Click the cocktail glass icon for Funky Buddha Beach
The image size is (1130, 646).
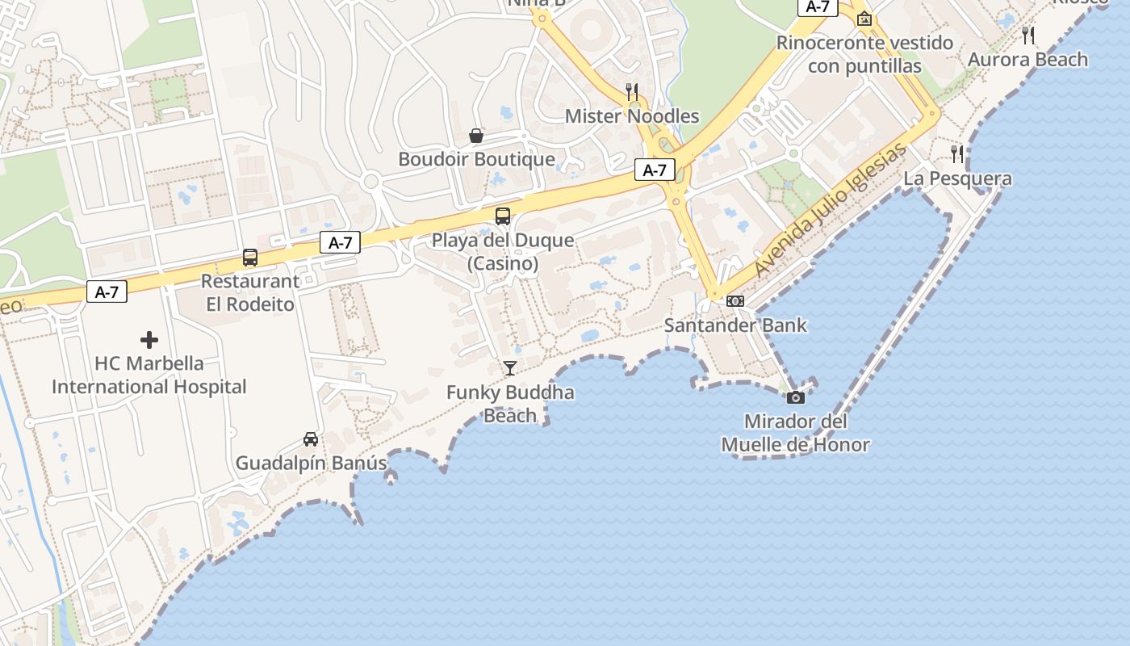coord(510,368)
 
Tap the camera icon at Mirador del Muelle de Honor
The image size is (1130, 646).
coord(796,397)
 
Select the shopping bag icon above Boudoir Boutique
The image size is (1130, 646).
coord(476,136)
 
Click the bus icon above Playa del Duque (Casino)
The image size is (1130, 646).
coord(503,216)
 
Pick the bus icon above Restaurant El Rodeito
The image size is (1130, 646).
coord(250,258)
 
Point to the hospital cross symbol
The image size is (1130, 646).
coord(149,340)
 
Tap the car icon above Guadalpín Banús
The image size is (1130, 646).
coord(311,439)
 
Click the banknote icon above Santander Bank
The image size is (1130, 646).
coord(735,301)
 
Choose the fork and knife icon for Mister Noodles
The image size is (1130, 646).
coord(632,91)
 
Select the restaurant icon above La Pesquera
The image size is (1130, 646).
coord(957,153)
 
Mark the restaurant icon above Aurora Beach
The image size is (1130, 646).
coord(1028,35)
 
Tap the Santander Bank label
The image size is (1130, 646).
coord(735,325)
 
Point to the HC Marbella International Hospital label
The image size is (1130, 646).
coord(149,375)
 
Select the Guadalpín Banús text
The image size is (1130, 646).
coord(311,464)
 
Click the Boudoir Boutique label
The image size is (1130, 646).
coord(476,159)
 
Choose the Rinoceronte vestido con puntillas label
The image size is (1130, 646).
coord(864,54)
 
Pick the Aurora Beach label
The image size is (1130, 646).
coord(1028,59)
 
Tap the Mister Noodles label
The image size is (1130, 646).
coord(632,115)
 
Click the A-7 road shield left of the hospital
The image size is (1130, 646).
coord(107,292)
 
